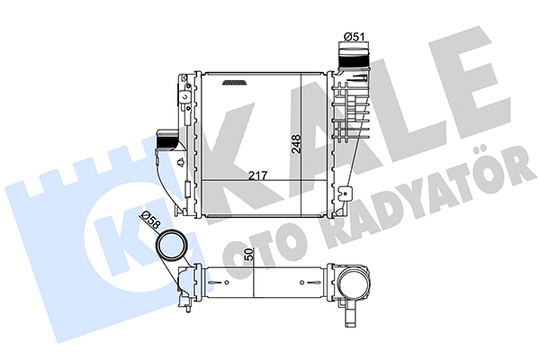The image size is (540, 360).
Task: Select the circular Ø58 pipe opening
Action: coord(170,245)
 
